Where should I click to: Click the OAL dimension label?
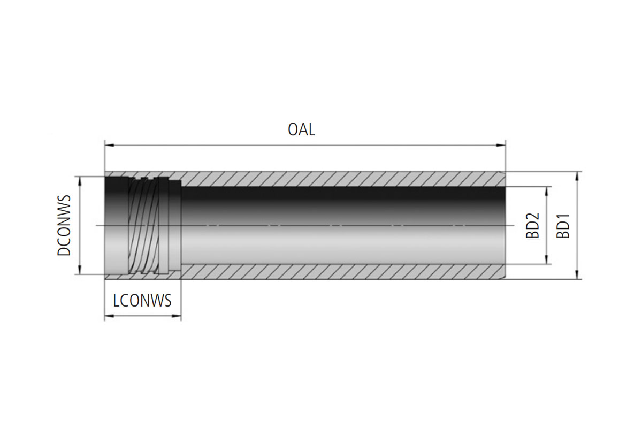(301, 130)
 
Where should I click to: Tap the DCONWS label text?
(65, 225)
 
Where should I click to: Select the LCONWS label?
(142, 301)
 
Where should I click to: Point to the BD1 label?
(563, 226)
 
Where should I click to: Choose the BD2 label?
(532, 225)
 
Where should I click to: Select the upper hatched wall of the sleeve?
(342, 179)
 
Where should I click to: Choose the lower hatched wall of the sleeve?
(342, 271)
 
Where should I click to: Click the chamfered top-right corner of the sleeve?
(503, 173)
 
